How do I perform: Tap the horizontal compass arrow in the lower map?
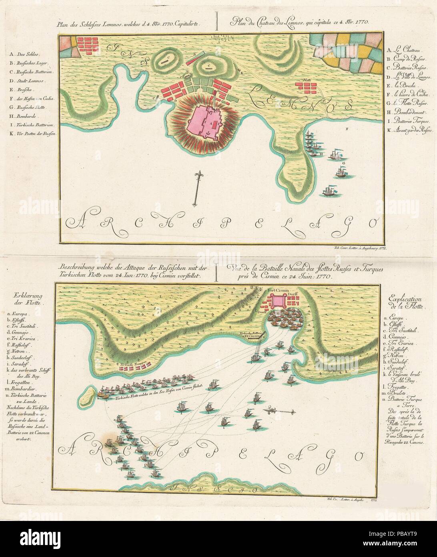click(x=280, y=411)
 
